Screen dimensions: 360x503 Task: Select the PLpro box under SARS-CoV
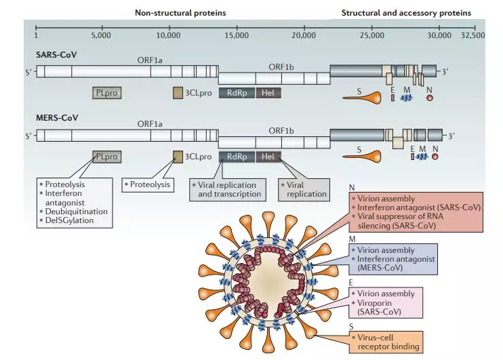(107, 92)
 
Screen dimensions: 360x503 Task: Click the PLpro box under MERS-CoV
(107, 157)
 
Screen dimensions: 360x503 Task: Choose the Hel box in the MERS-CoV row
(267, 157)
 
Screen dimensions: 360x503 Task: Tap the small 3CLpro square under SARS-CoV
(178, 92)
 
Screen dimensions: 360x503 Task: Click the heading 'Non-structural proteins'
(180, 12)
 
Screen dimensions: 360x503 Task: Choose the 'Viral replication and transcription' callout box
(228, 189)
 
